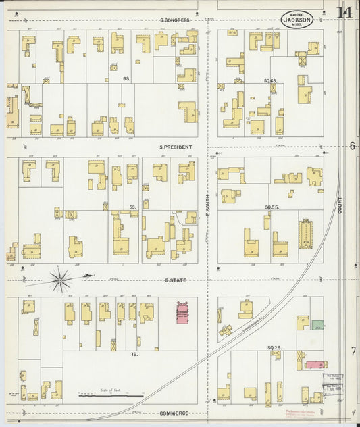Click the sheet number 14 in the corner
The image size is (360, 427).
click(344, 12)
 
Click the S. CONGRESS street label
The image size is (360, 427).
click(175, 20)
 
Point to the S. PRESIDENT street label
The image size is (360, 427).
click(176, 147)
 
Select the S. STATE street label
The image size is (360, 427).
click(176, 279)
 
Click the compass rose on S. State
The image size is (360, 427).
click(61, 279)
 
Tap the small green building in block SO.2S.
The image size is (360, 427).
click(317, 324)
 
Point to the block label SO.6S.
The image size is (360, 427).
click(270, 81)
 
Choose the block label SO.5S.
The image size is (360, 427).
click(272, 207)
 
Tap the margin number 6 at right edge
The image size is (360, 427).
click(352, 146)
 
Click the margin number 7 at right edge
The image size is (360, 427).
click(353, 351)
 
